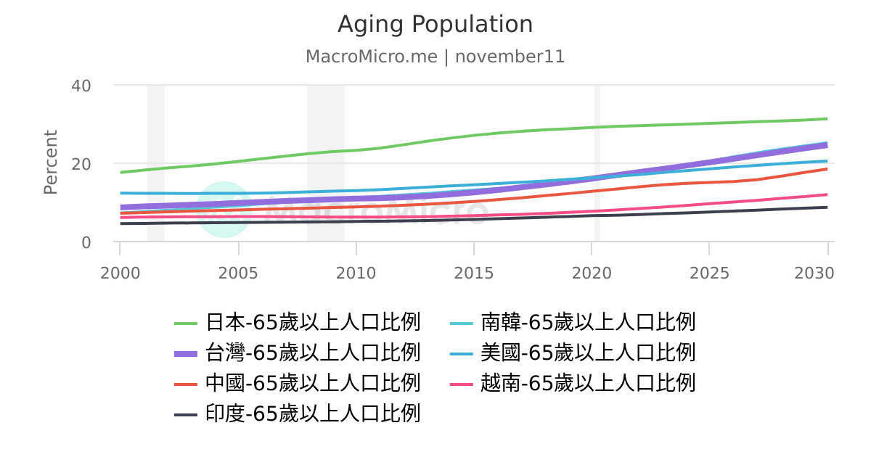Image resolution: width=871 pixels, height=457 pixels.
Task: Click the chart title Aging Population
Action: point(435,25)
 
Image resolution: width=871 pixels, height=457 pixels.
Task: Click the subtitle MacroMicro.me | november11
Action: point(435,57)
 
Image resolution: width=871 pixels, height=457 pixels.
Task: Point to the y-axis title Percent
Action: point(50,162)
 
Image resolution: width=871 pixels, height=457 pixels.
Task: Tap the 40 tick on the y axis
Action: point(81,86)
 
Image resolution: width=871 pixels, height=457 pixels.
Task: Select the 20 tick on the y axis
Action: point(81,164)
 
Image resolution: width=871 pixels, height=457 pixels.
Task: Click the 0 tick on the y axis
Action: point(86,242)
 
